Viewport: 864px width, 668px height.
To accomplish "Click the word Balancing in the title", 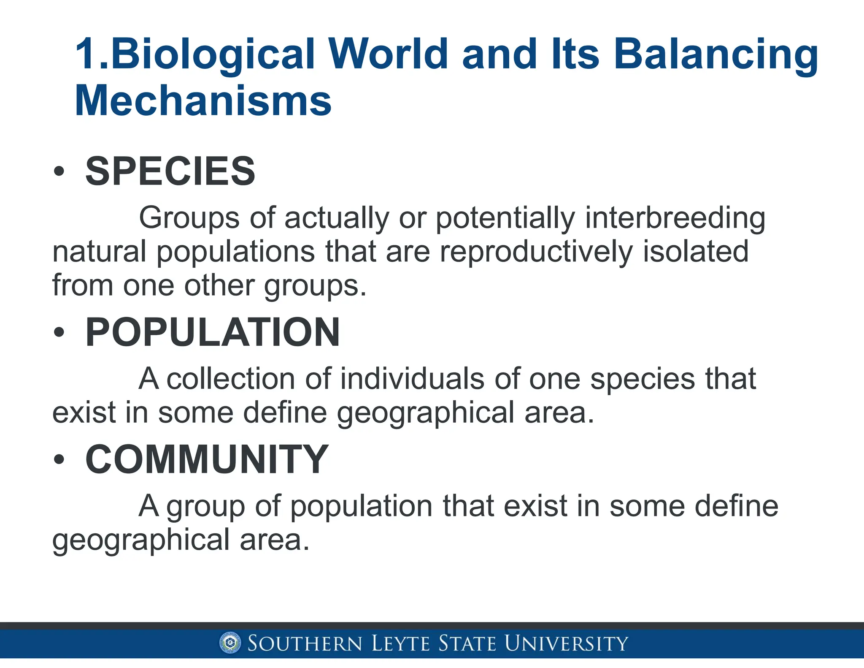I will click(x=715, y=55).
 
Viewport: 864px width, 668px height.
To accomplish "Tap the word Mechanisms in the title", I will click(x=203, y=101).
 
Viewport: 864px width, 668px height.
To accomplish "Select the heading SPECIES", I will click(x=170, y=171).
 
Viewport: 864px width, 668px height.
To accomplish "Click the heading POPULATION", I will click(x=212, y=332).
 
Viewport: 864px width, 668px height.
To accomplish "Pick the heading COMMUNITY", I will click(x=207, y=459).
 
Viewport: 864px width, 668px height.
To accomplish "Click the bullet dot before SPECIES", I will click(x=59, y=171).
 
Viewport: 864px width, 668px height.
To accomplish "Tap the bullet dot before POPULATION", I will click(x=59, y=332).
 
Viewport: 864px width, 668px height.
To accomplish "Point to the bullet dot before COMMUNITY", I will click(x=59, y=460).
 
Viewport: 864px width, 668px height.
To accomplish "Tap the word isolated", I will click(x=696, y=252).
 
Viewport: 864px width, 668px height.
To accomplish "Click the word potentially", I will click(x=505, y=219).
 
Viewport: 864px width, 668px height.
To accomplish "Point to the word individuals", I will click(x=412, y=379).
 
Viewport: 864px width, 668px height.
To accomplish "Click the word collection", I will click(x=231, y=379).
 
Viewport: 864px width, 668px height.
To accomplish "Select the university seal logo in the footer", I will click(x=230, y=644).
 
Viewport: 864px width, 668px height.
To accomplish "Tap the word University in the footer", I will click(x=566, y=644).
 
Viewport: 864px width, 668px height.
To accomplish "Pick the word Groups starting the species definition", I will click(x=189, y=219).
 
